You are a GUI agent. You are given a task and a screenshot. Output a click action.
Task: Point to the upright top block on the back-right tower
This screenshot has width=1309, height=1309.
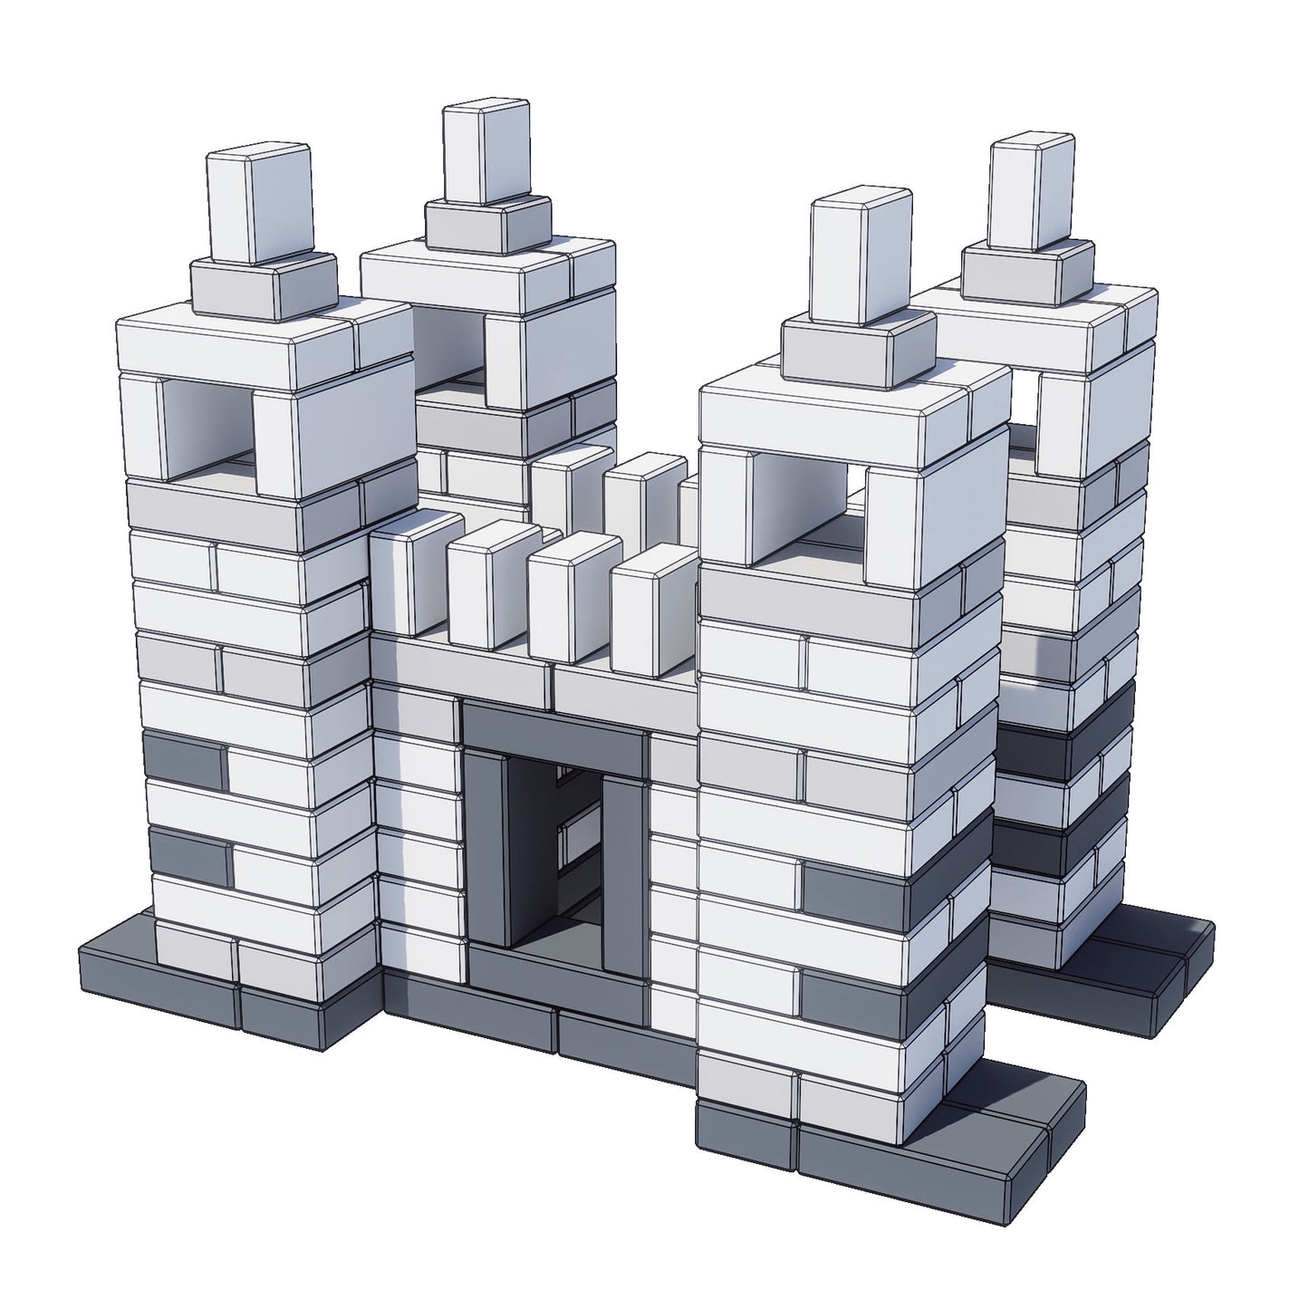pos(1031,190)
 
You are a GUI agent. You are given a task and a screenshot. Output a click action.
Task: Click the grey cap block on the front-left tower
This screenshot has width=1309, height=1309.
pos(263,287)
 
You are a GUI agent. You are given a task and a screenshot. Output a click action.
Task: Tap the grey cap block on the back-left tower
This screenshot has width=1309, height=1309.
pos(487,225)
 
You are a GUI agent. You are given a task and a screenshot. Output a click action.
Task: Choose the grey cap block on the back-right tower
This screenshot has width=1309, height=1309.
pos(1026,272)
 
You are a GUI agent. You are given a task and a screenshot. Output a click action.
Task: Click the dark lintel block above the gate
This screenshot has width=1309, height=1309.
pos(554,729)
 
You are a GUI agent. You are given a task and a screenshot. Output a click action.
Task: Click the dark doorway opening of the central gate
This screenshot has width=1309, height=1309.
pos(560,861)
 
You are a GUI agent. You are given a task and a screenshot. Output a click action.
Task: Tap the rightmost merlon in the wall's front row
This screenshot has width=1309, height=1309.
pos(654,609)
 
